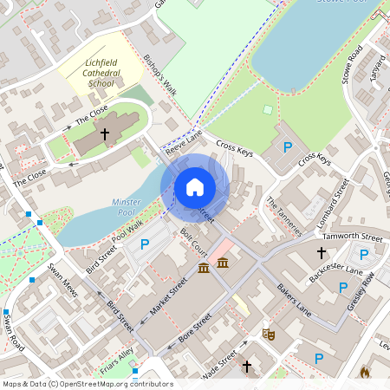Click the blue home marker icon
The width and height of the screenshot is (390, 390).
195,186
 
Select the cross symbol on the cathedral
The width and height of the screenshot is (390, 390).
105,134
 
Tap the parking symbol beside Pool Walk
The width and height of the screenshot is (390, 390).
145,244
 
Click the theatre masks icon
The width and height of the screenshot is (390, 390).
269,333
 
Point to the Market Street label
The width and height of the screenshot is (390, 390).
170,296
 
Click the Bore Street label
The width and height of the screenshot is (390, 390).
193,330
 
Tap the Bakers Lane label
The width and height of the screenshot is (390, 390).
293,298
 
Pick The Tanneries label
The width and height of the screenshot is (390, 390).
284,216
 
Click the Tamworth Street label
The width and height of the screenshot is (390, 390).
351,237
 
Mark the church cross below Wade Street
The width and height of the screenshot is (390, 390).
246,367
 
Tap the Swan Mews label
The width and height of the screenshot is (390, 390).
63,280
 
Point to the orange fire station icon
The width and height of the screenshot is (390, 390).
365,372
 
